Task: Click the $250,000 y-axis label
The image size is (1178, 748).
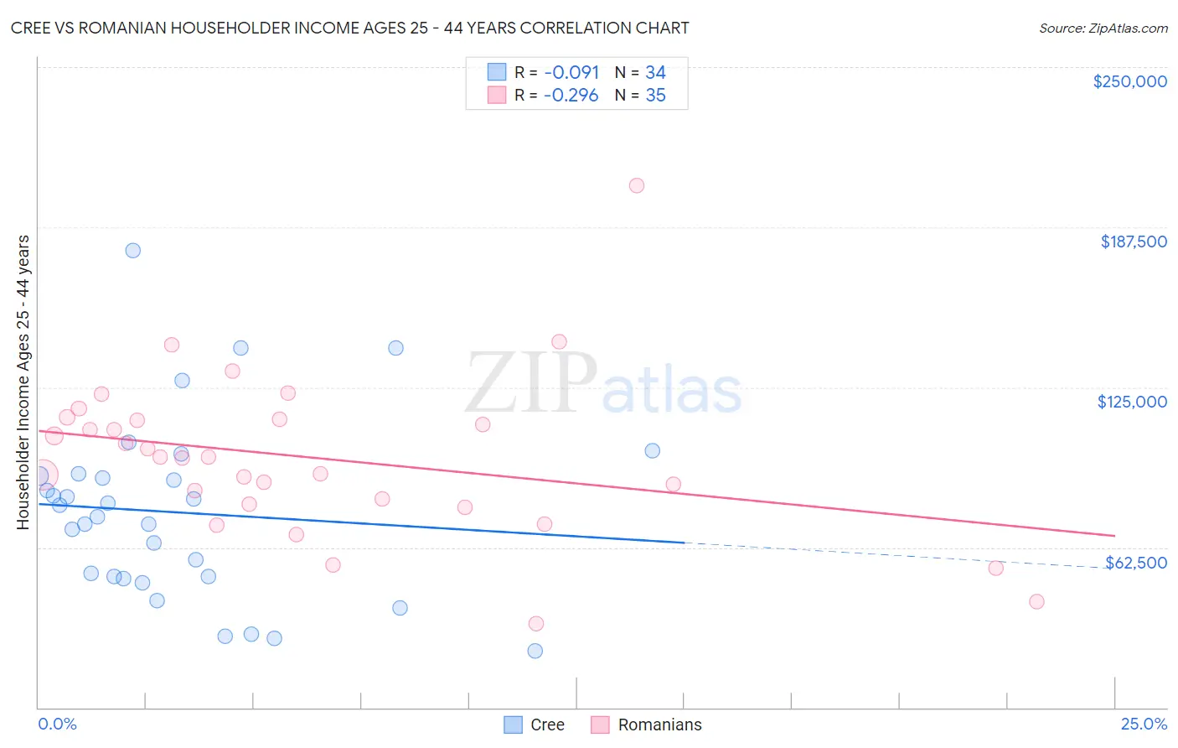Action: [x=1129, y=81]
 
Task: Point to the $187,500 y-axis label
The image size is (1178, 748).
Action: [x=1134, y=242]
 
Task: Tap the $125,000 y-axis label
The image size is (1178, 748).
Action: [x=1132, y=402]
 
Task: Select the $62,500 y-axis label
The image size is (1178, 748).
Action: [x=1135, y=563]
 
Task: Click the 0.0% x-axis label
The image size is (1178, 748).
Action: [x=57, y=724]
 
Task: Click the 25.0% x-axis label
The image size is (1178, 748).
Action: [x=1144, y=724]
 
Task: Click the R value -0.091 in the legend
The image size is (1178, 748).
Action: [x=571, y=72]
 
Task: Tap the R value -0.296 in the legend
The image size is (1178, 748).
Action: [x=571, y=96]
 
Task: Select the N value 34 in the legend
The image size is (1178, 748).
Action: [x=655, y=72]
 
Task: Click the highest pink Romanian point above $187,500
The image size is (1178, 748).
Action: [x=637, y=185]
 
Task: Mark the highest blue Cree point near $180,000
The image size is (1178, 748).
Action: [x=132, y=250]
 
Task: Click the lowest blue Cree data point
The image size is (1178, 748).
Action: [x=535, y=651]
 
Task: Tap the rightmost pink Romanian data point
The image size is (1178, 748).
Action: [x=1036, y=601]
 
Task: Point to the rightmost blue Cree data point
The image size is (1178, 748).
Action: [x=653, y=450]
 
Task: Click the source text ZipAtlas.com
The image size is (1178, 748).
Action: [x=1127, y=29]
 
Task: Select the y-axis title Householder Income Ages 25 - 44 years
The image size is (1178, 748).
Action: [x=23, y=382]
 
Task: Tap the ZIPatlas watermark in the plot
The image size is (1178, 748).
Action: [x=603, y=384]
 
